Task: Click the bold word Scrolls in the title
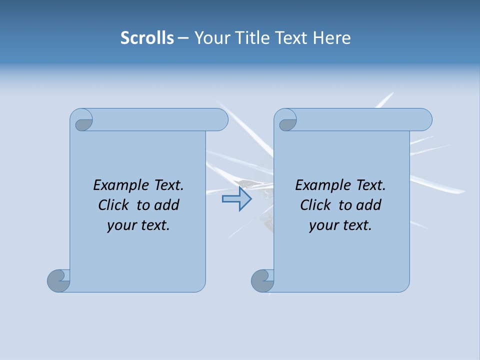(147, 38)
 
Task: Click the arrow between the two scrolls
(237, 199)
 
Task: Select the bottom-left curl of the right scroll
(262, 280)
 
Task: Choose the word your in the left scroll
(120, 225)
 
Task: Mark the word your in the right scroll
(322, 225)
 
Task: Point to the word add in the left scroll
(167, 205)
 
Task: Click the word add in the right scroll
(369, 205)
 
